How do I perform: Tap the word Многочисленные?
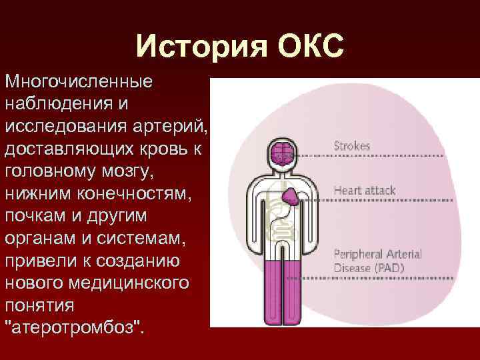pyautogui.click(x=78, y=83)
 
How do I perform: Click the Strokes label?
pyautogui.click(x=351, y=145)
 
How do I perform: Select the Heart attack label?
pyautogui.click(x=364, y=190)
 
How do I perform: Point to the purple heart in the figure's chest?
pyautogui.click(x=291, y=195)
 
